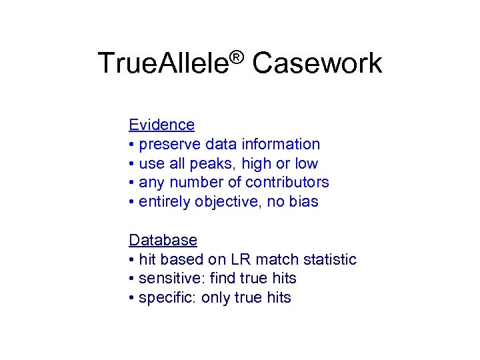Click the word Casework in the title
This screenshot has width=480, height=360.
[317, 64]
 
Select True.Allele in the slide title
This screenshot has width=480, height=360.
[163, 64]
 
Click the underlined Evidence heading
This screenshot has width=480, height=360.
[161, 125]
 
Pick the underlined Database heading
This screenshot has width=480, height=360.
[163, 240]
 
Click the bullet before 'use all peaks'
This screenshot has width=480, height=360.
[132, 164]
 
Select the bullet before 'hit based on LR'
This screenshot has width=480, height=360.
[132, 260]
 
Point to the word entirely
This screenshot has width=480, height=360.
[164, 202]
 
